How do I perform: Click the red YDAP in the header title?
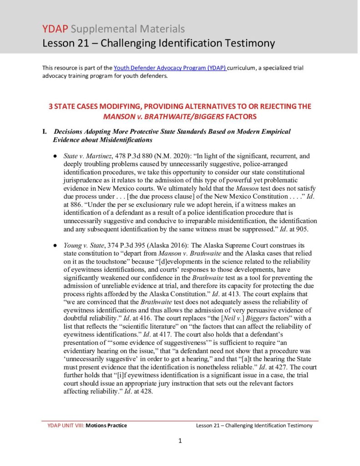tap(55, 29)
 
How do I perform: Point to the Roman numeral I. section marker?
tap(45, 132)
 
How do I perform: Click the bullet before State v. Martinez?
tap(55, 156)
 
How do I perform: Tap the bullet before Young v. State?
tap(55, 245)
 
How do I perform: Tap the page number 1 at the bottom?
tap(180, 441)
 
